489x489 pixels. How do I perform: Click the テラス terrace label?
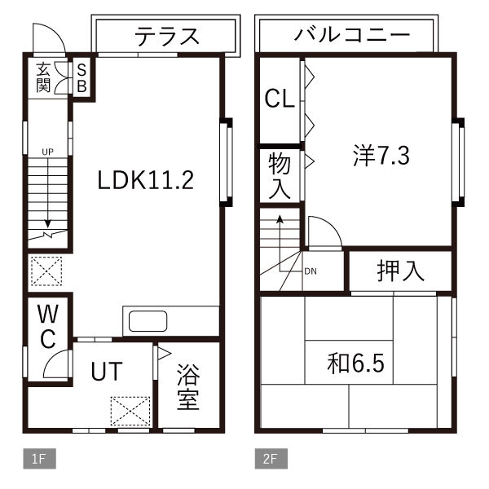click(167, 36)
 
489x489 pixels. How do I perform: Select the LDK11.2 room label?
click(145, 180)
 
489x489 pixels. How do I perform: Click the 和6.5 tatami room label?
click(355, 361)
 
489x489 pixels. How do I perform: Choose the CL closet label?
click(279, 99)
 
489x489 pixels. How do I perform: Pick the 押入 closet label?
click(400, 271)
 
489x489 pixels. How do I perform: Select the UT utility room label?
click(106, 372)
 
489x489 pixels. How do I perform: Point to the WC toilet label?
click(46, 325)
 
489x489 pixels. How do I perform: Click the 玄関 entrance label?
click(42, 77)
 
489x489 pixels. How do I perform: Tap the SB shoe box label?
click(82, 77)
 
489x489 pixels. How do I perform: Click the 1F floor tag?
click(38, 459)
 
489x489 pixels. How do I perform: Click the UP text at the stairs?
click(47, 152)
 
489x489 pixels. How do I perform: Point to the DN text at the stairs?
click(310, 271)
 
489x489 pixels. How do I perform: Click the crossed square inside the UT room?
click(130, 411)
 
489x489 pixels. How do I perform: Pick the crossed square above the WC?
click(46, 271)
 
